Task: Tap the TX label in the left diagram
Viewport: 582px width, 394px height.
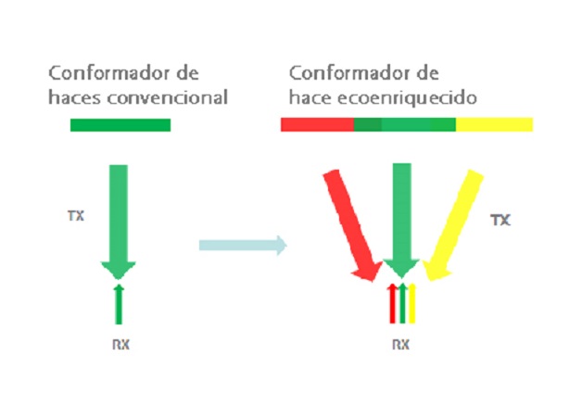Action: point(76,216)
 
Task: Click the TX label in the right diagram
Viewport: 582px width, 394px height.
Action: point(500,221)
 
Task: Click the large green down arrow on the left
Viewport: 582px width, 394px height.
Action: point(119,218)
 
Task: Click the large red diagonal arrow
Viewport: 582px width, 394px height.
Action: point(353,222)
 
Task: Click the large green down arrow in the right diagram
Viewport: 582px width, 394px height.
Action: point(401,218)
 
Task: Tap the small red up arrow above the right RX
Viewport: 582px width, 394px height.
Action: point(391,303)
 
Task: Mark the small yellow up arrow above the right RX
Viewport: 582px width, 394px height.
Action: point(412,303)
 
